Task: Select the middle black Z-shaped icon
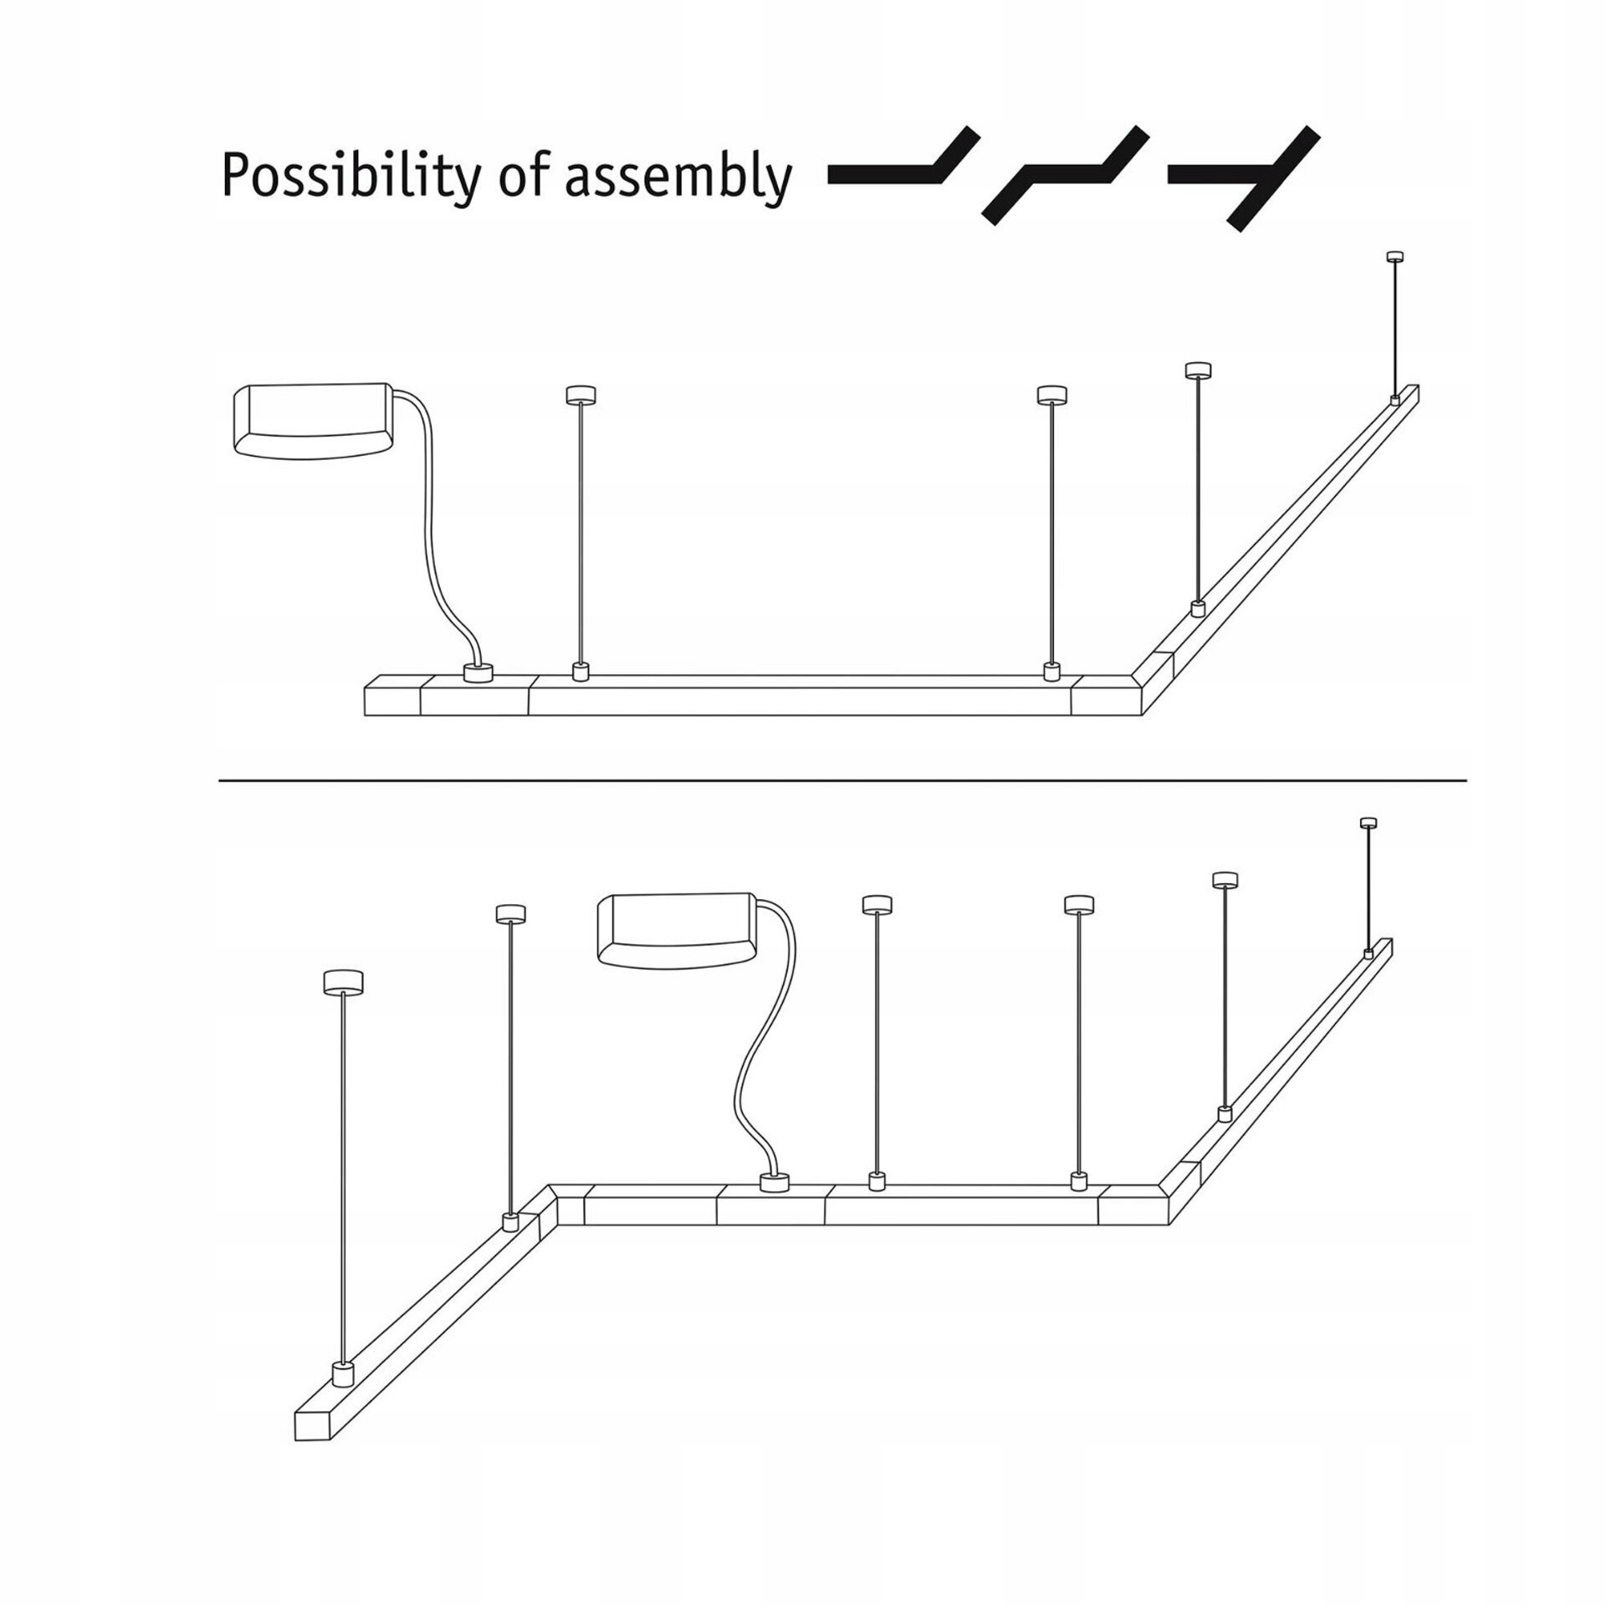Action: pos(1065,175)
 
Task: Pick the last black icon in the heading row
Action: pos(1245,176)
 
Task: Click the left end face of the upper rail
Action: pos(393,701)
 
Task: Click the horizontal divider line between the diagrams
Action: pos(843,780)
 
